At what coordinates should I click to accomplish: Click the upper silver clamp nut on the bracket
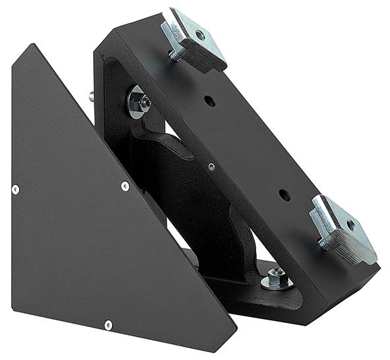pyautogui.click(x=194, y=40)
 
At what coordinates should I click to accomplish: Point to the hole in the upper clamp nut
pyautogui.click(x=199, y=34)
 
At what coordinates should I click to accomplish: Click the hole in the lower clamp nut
pyautogui.click(x=350, y=225)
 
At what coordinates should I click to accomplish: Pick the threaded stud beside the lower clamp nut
pyautogui.click(x=322, y=242)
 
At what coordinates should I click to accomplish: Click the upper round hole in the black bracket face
pyautogui.click(x=209, y=101)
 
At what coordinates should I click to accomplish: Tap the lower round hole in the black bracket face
pyautogui.click(x=284, y=195)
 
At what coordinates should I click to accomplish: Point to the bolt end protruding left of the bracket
pyautogui.click(x=92, y=96)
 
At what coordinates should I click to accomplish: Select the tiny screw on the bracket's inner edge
pyautogui.click(x=211, y=166)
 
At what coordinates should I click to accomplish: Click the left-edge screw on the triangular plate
pyautogui.click(x=15, y=190)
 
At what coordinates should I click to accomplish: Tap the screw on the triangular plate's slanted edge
pyautogui.click(x=125, y=186)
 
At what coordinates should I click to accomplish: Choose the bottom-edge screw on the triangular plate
pyautogui.click(x=108, y=324)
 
